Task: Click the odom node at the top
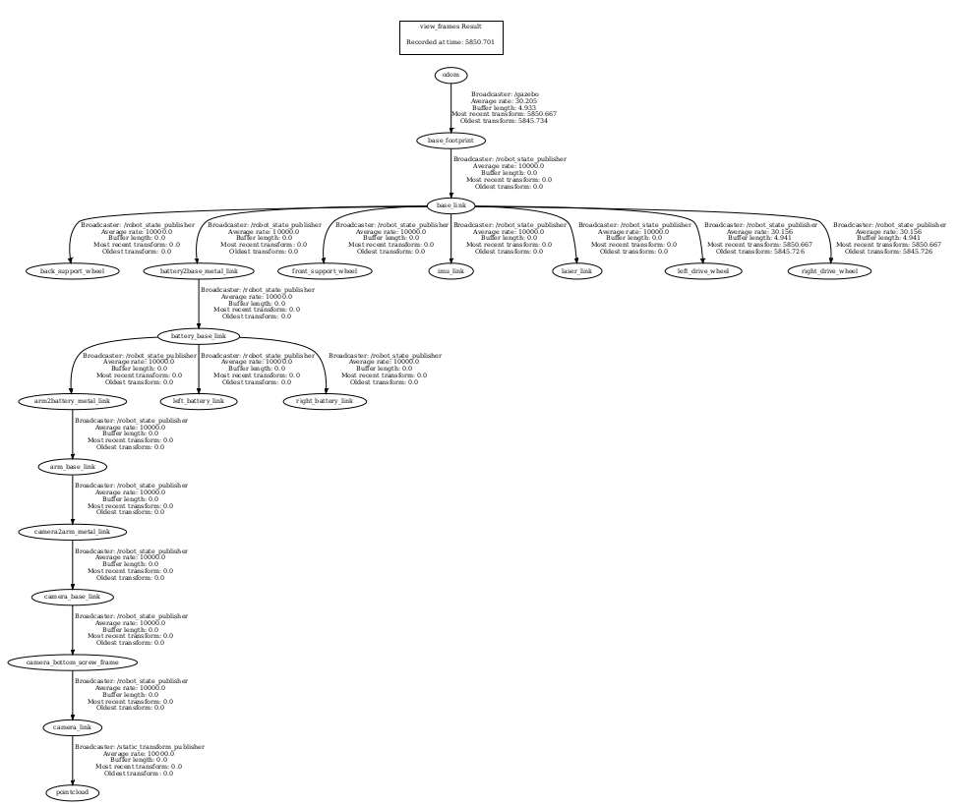450,75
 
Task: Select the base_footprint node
450,141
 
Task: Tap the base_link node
450,205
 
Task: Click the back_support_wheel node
73,270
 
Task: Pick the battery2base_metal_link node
199,270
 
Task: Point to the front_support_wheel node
326,270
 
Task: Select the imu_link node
450,270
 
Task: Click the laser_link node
576,270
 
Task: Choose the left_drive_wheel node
702,270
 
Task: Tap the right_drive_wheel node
829,270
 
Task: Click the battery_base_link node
199,336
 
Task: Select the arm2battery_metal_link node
73,401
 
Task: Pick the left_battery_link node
199,401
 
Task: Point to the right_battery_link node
326,401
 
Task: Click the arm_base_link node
73,466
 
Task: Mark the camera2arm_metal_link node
73,532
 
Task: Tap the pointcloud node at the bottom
73,792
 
